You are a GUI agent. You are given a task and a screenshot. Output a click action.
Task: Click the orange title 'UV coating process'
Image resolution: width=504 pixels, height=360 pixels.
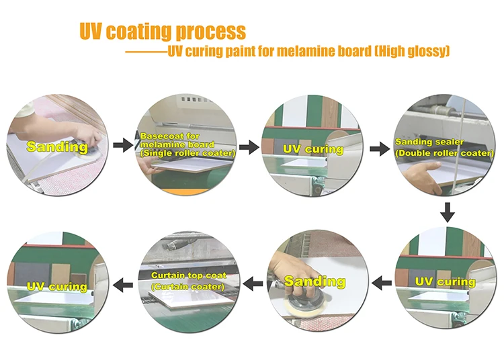162,31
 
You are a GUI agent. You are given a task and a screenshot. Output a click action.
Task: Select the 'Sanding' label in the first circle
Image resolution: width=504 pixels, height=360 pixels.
57,146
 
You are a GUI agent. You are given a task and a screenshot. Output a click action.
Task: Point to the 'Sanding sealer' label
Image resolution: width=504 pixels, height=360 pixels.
423,142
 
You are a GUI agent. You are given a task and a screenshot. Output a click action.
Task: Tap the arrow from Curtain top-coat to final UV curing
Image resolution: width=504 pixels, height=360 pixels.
122,285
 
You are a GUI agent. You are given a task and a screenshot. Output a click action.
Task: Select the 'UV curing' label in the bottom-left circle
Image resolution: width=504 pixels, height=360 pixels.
56,287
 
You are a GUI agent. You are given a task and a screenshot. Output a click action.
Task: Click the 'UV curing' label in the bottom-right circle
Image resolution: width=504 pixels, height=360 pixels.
444,281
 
